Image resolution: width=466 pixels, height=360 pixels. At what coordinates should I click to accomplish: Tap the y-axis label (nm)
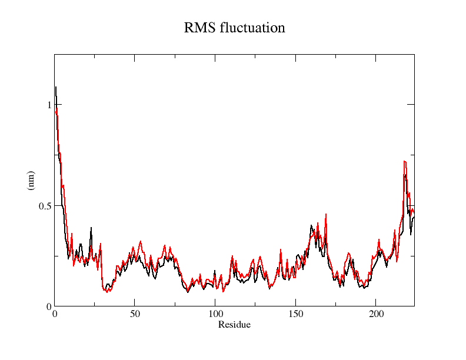point(31,180)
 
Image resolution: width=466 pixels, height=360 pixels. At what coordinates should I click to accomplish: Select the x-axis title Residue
point(234,325)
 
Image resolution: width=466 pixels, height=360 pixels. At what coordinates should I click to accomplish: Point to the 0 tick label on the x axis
point(55,315)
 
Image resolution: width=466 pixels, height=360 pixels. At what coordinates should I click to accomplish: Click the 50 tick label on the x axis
point(135,315)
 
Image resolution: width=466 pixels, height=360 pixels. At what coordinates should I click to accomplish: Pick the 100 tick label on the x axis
point(215,315)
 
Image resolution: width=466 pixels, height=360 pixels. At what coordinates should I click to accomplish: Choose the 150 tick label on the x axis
point(295,315)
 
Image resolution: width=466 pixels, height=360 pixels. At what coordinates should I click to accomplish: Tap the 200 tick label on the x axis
point(376,315)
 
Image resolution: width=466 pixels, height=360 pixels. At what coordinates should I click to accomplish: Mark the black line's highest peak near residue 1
point(56,87)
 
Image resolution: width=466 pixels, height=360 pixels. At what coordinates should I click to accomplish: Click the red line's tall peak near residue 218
point(404,161)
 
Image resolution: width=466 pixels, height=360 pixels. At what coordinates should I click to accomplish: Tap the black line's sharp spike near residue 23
point(91,228)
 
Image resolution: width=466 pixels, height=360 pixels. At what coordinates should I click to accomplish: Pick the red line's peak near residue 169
point(325,214)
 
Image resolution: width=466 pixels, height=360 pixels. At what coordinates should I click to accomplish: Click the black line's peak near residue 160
point(311,225)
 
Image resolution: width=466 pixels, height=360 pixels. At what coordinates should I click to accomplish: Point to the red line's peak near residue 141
point(281,249)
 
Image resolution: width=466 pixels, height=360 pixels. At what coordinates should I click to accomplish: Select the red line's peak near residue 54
point(141,241)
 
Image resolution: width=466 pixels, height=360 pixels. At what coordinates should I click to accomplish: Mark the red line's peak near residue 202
point(379,239)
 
